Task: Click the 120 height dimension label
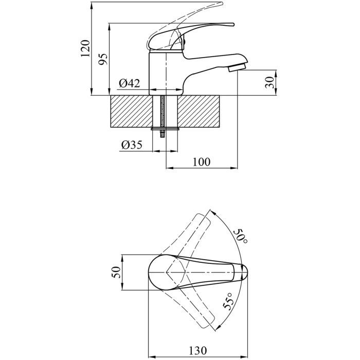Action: pos(85,49)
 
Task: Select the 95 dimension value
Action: pos(103,59)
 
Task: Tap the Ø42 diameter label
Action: pos(129,83)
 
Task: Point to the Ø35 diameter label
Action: pos(132,145)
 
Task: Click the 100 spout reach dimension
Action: pos(202,162)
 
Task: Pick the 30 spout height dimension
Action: pos(269,83)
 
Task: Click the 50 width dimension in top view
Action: pos(116,272)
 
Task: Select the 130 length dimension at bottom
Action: pos(197,351)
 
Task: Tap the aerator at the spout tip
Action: pos(237,67)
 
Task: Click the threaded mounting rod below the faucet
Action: pos(163,117)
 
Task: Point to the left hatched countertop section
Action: pos(132,112)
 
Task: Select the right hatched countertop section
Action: pos(199,112)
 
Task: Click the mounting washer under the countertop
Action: pos(165,129)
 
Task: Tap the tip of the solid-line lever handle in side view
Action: pos(233,24)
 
